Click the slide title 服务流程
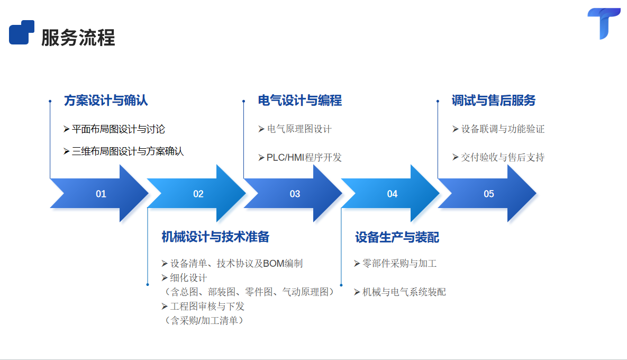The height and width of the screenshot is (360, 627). coord(78,38)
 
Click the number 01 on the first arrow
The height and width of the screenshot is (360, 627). coord(101,194)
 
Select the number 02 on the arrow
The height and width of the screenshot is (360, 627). coord(198,194)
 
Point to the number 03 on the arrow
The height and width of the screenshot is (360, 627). coord(295,194)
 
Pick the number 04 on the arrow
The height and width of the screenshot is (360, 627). coord(392,194)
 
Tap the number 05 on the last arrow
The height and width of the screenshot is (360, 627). coord(489,194)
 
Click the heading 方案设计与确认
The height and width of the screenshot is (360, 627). coord(106,100)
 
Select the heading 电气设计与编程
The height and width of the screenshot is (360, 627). coord(300,100)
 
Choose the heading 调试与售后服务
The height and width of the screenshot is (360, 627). coord(494,100)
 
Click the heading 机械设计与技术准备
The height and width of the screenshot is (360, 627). coord(215,237)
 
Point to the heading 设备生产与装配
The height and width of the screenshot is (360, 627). coord(397,237)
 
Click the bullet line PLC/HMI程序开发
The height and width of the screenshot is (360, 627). coord(304,157)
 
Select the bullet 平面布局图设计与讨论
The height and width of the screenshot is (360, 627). coord(119,129)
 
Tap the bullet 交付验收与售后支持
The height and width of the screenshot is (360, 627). coord(502,157)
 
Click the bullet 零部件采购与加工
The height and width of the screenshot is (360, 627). coord(399,263)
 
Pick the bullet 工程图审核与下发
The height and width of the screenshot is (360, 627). coord(207,306)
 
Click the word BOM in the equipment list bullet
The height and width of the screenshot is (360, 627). coord(274,263)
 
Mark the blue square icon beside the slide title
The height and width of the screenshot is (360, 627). coord(22,32)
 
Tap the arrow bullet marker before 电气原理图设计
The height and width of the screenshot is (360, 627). coord(261,129)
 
